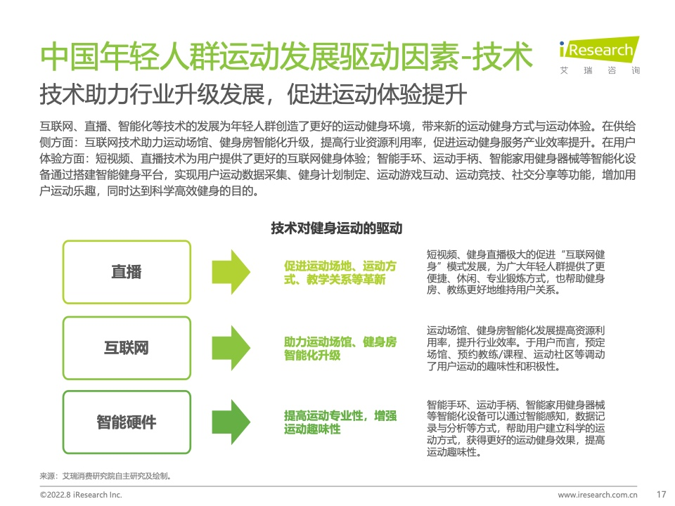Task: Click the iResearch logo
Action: (x=599, y=55)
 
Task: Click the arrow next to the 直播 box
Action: (x=231, y=272)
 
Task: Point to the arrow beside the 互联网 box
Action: (x=231, y=348)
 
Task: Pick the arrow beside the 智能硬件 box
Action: (x=231, y=422)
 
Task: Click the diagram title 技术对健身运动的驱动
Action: (x=337, y=228)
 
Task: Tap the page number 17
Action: (x=661, y=494)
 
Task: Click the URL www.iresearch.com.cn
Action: (x=598, y=495)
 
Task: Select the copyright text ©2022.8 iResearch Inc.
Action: (x=81, y=495)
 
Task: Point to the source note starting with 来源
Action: (x=106, y=476)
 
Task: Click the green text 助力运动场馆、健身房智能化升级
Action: (x=340, y=349)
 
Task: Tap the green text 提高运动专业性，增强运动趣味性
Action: (x=340, y=422)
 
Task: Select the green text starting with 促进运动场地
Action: (x=340, y=273)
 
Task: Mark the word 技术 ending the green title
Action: (x=503, y=56)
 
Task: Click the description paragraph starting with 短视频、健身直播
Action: (x=515, y=272)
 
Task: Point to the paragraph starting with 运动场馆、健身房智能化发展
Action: (x=515, y=348)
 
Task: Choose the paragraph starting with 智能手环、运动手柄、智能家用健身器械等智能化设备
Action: (x=515, y=428)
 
